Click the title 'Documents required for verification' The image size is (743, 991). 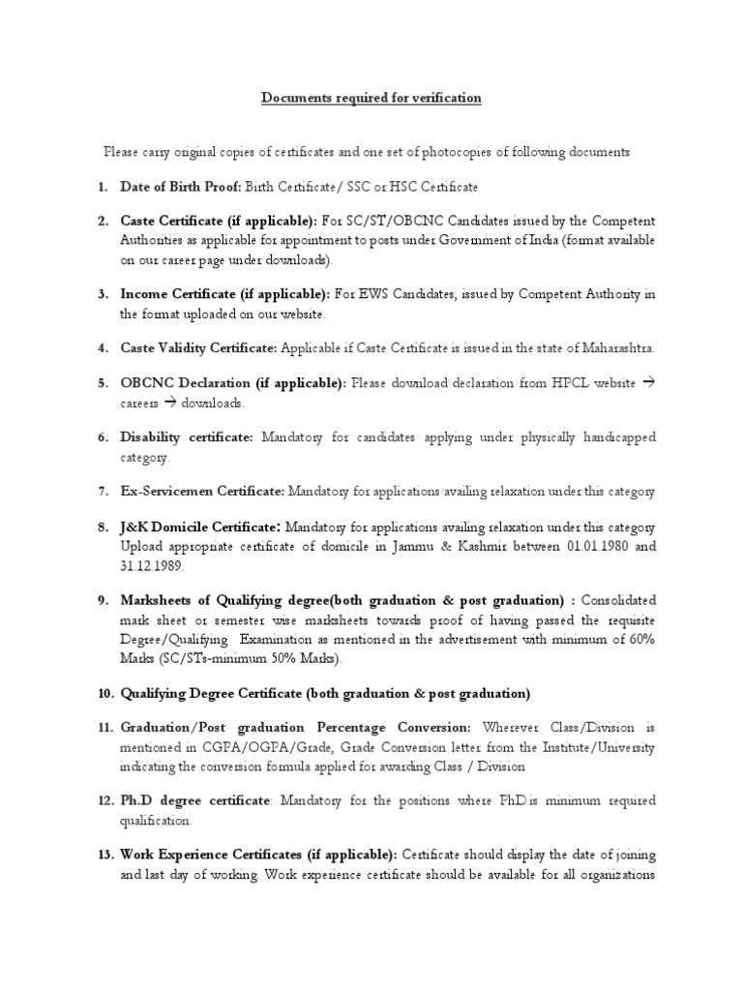point(371,99)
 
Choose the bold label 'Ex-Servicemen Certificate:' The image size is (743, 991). point(202,492)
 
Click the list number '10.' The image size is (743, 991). point(105,693)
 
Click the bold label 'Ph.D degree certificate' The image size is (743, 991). point(193,800)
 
